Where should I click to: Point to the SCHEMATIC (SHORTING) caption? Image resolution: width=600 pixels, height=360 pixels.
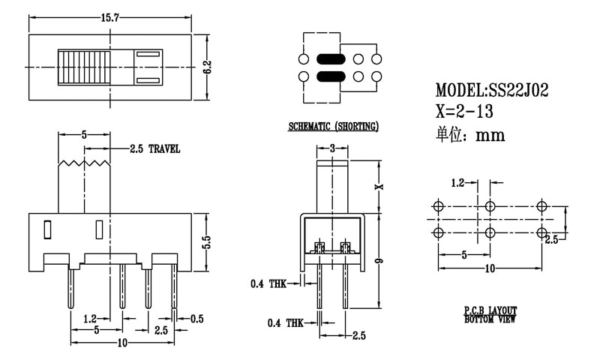tap(334, 127)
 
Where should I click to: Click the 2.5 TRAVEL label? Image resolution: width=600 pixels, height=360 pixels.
tap(154, 149)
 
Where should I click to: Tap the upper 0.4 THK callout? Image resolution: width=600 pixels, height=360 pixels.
tap(267, 283)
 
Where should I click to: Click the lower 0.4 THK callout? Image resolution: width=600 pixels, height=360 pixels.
tap(286, 323)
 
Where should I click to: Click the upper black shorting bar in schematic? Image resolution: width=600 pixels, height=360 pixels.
tap(328, 59)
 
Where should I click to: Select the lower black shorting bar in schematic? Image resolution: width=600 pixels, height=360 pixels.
tap(328, 76)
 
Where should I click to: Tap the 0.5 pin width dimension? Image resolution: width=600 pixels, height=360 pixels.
tap(196, 318)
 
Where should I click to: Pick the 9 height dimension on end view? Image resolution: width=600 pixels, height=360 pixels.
tap(379, 261)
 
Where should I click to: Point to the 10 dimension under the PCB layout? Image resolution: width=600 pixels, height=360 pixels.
tap(490, 268)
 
